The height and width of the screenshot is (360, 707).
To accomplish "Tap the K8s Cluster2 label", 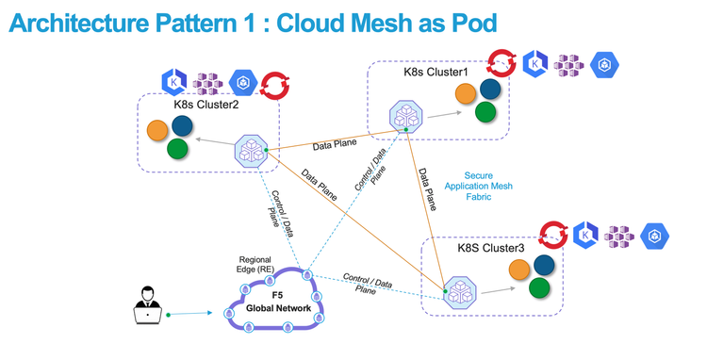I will pos(206,104).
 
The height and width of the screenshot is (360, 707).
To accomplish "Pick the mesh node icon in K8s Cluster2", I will pos(251,149).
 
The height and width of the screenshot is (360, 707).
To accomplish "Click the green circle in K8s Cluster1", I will pos(485,111).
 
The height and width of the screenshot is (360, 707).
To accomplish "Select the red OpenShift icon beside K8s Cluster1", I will pos(500,64).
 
